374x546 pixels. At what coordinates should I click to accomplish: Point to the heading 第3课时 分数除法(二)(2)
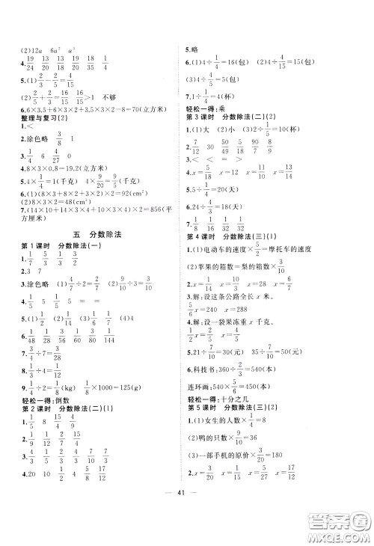[230, 118]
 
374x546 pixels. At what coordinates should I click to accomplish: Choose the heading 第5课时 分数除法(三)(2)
[233, 411]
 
